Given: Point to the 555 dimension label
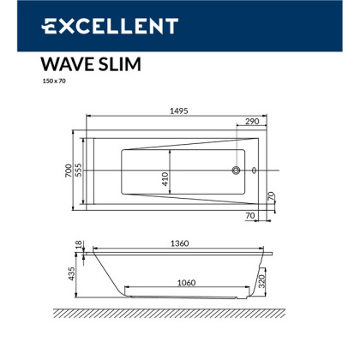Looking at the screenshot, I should click(80, 171).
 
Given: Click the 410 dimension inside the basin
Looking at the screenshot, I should click(165, 180).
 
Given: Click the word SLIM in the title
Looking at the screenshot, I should click(118, 65).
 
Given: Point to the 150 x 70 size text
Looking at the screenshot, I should click(53, 83).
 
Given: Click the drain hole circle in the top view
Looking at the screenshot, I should click(236, 171).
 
